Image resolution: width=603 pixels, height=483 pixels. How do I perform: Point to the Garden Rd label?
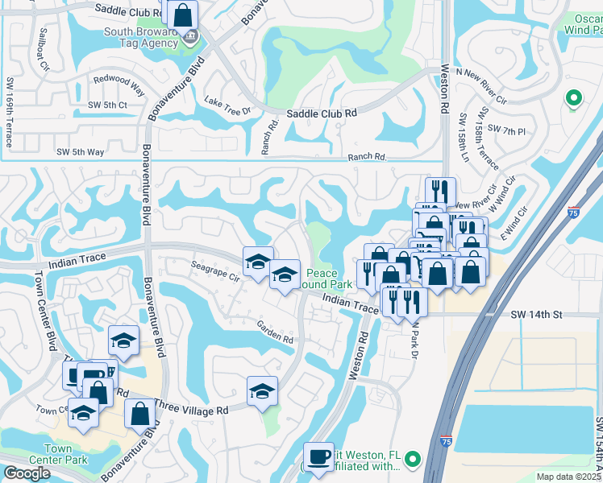pyautogui.click(x=275, y=332)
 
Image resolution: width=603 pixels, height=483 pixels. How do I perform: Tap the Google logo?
pyautogui.click(x=27, y=473)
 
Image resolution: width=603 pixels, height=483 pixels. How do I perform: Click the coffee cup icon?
pyautogui.click(x=318, y=456)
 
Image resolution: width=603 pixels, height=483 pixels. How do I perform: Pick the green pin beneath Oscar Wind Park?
pyautogui.click(x=574, y=98)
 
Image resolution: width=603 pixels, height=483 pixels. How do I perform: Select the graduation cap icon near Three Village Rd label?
pyautogui.click(x=262, y=391)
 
